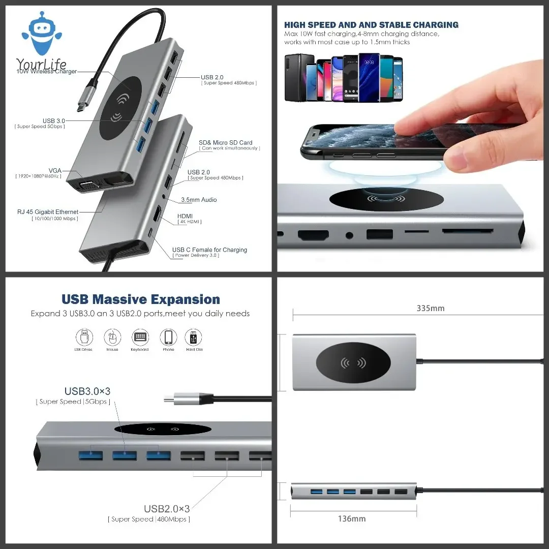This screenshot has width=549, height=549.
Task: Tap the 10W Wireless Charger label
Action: pos(47,72)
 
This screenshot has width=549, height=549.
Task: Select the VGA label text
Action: pos(55,170)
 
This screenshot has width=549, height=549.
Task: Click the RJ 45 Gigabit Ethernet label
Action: pos(49,212)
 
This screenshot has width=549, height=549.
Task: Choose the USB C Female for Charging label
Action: pos(209,250)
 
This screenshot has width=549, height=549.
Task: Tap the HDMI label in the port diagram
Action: pos(185,216)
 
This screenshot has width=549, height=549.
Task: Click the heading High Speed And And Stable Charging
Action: pos(371,25)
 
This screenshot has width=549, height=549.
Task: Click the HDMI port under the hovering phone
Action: pos(313,235)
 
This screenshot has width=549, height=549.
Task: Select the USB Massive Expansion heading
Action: pos(141,299)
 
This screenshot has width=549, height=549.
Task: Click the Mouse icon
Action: pos(112,338)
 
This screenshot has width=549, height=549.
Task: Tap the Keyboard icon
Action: pos(140,338)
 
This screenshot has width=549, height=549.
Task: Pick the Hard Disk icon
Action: pos(194,338)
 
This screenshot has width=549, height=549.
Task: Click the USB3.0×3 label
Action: pos(87,391)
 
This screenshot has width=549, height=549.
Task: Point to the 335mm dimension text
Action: pos(431,309)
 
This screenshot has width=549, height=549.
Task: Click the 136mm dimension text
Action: pos(352,519)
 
